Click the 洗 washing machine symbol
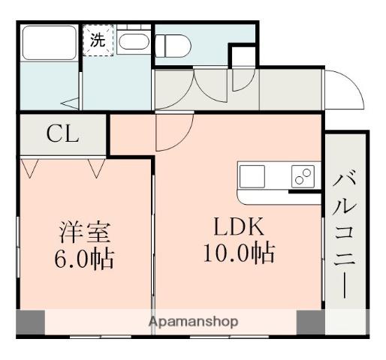(x=98, y=40)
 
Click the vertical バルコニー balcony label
(x=346, y=232)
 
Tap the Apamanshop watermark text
(x=193, y=322)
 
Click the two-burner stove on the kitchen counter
(x=303, y=177)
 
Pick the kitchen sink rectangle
(x=252, y=177)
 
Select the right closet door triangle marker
(x=97, y=168)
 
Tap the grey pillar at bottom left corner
(x=30, y=322)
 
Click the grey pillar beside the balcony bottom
(x=311, y=322)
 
